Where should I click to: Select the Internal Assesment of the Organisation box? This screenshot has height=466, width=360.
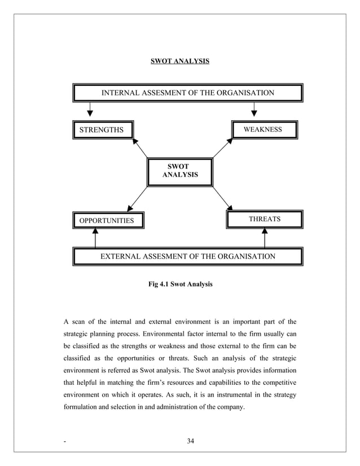click(187, 93)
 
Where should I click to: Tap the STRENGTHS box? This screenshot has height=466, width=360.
click(103, 130)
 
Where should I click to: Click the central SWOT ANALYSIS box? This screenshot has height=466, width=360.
click(180, 172)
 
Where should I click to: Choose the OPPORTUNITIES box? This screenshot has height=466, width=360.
click(107, 220)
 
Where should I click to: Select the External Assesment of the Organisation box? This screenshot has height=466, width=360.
click(187, 256)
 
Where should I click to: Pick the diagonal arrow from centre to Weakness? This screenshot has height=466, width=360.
click(222, 148)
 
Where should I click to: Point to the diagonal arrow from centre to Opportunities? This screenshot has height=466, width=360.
click(138, 199)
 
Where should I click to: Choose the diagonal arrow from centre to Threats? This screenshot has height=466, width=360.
click(222, 199)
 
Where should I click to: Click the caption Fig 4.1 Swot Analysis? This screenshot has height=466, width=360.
click(180, 284)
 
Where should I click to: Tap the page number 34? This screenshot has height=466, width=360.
click(190, 441)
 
